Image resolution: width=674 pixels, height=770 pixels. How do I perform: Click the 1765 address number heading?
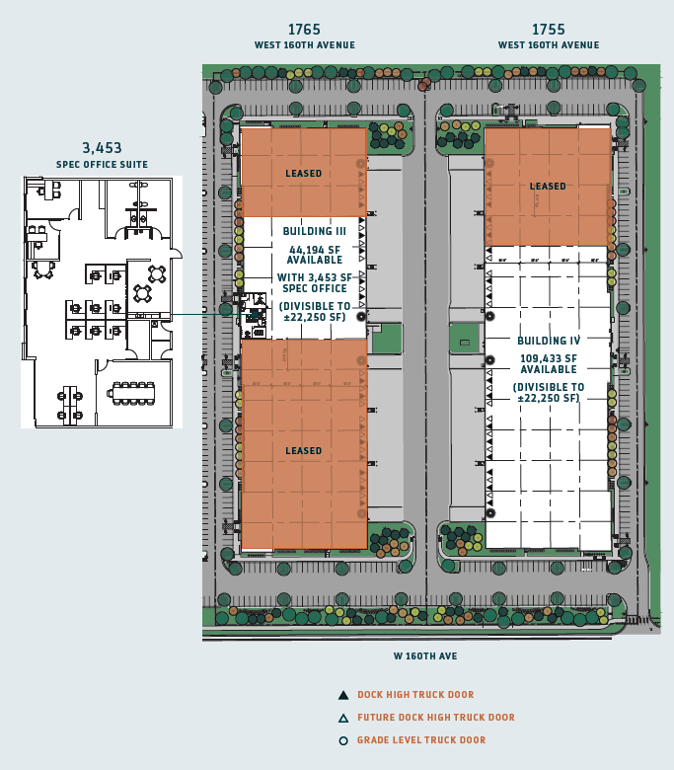[x=304, y=30]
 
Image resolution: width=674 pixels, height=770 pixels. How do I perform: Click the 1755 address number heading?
[x=548, y=30]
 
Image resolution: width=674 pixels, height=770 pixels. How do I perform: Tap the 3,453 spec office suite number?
[x=102, y=148]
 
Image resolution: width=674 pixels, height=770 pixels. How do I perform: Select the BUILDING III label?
[x=307, y=231]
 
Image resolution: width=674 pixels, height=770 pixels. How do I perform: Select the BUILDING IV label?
[x=549, y=341]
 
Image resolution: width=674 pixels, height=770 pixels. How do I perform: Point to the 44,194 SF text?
[x=307, y=250]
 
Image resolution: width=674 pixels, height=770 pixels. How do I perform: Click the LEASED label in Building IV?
[x=548, y=186]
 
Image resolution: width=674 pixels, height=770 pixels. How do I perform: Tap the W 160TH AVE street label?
[x=425, y=655]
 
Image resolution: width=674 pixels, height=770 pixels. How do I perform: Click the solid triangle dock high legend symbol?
[x=342, y=695]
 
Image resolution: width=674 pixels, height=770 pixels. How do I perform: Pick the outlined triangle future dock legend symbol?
[x=342, y=718]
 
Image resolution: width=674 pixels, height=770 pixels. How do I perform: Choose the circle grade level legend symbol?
[x=342, y=740]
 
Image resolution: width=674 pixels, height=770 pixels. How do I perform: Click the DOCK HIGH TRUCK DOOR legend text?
[x=415, y=695]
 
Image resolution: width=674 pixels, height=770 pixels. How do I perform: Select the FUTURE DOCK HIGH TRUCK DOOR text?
[x=436, y=718]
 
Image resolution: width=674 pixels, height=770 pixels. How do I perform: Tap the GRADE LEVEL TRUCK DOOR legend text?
[x=421, y=740]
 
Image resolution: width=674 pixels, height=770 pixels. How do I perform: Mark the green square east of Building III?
[x=386, y=339]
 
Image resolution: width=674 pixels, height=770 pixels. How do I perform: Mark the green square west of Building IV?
[x=464, y=339]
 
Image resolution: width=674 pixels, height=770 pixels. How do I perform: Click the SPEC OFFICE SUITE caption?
[x=102, y=165]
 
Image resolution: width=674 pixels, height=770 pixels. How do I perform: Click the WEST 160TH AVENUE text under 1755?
[x=548, y=45]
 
